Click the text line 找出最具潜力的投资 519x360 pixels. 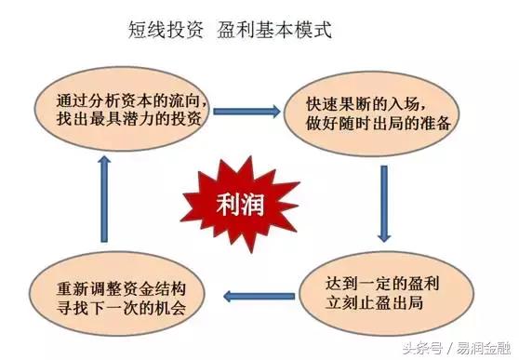pos(130,118)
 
